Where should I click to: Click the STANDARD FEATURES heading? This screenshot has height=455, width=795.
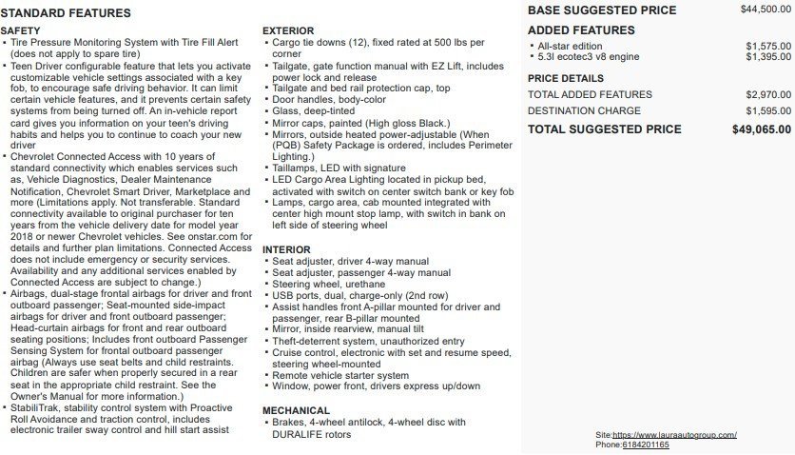tap(66, 13)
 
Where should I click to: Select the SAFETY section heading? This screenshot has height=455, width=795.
tap(20, 31)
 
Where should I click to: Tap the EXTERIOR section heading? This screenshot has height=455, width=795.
tap(288, 31)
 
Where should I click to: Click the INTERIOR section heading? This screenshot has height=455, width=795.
tap(286, 249)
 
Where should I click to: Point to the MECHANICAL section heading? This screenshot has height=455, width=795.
tap(296, 410)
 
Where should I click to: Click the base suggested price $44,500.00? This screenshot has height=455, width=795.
tap(765, 9)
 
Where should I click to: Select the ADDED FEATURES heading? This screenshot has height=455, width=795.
tap(580, 30)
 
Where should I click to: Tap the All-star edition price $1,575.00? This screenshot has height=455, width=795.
tap(767, 46)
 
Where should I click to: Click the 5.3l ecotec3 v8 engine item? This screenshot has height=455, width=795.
tap(589, 57)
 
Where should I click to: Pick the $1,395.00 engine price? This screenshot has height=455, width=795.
tap(767, 57)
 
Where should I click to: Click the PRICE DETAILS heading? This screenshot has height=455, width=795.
tap(565, 78)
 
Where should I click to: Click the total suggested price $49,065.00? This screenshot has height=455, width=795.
tap(761, 129)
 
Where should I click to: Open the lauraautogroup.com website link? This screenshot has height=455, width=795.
tap(674, 435)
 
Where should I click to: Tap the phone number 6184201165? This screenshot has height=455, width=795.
tap(646, 445)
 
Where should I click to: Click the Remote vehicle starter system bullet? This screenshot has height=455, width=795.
tap(340, 375)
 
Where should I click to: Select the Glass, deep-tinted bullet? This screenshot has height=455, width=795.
tap(313, 110)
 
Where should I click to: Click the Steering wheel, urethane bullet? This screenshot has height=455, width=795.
tap(328, 284)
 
